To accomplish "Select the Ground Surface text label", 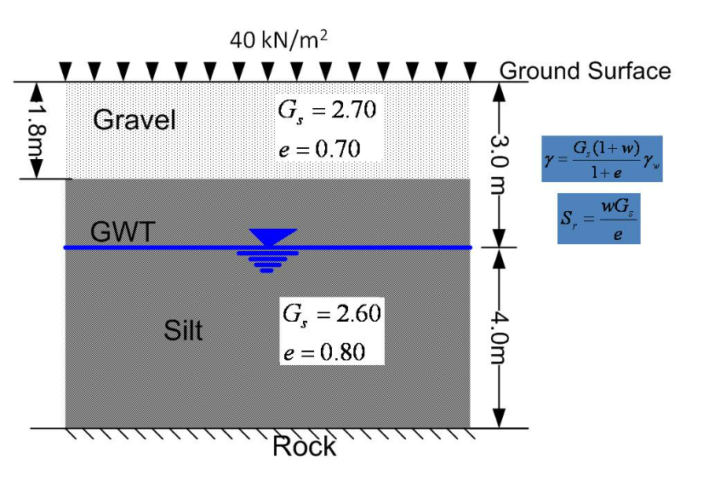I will pos(585,71).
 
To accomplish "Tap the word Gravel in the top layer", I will pos(134,120).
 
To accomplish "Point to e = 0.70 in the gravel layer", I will pos(320,150).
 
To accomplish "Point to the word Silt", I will pos(183,330).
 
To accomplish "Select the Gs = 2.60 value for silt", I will pos(333,312).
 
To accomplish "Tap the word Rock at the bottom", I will pos(304,446).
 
